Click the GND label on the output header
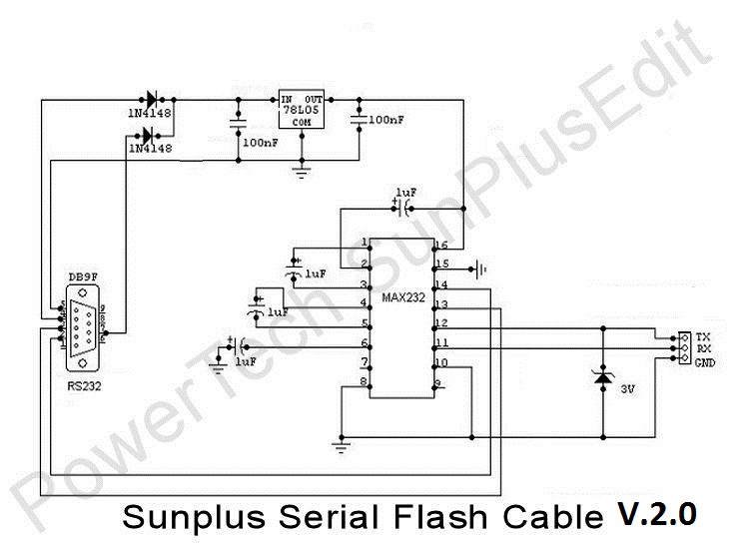pyautogui.click(x=705, y=362)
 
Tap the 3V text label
pyautogui.click(x=629, y=385)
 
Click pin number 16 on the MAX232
pyautogui.click(x=441, y=246)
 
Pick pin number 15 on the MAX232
pyautogui.click(x=441, y=265)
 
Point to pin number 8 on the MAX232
pyautogui.click(x=366, y=381)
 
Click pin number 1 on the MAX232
pyautogui.click(x=366, y=243)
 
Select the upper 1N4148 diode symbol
pyautogui.click(x=150, y=99)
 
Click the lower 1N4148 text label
pyautogui.click(x=150, y=149)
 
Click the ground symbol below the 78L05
pyautogui.click(x=299, y=171)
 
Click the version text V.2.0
pyautogui.click(x=655, y=514)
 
